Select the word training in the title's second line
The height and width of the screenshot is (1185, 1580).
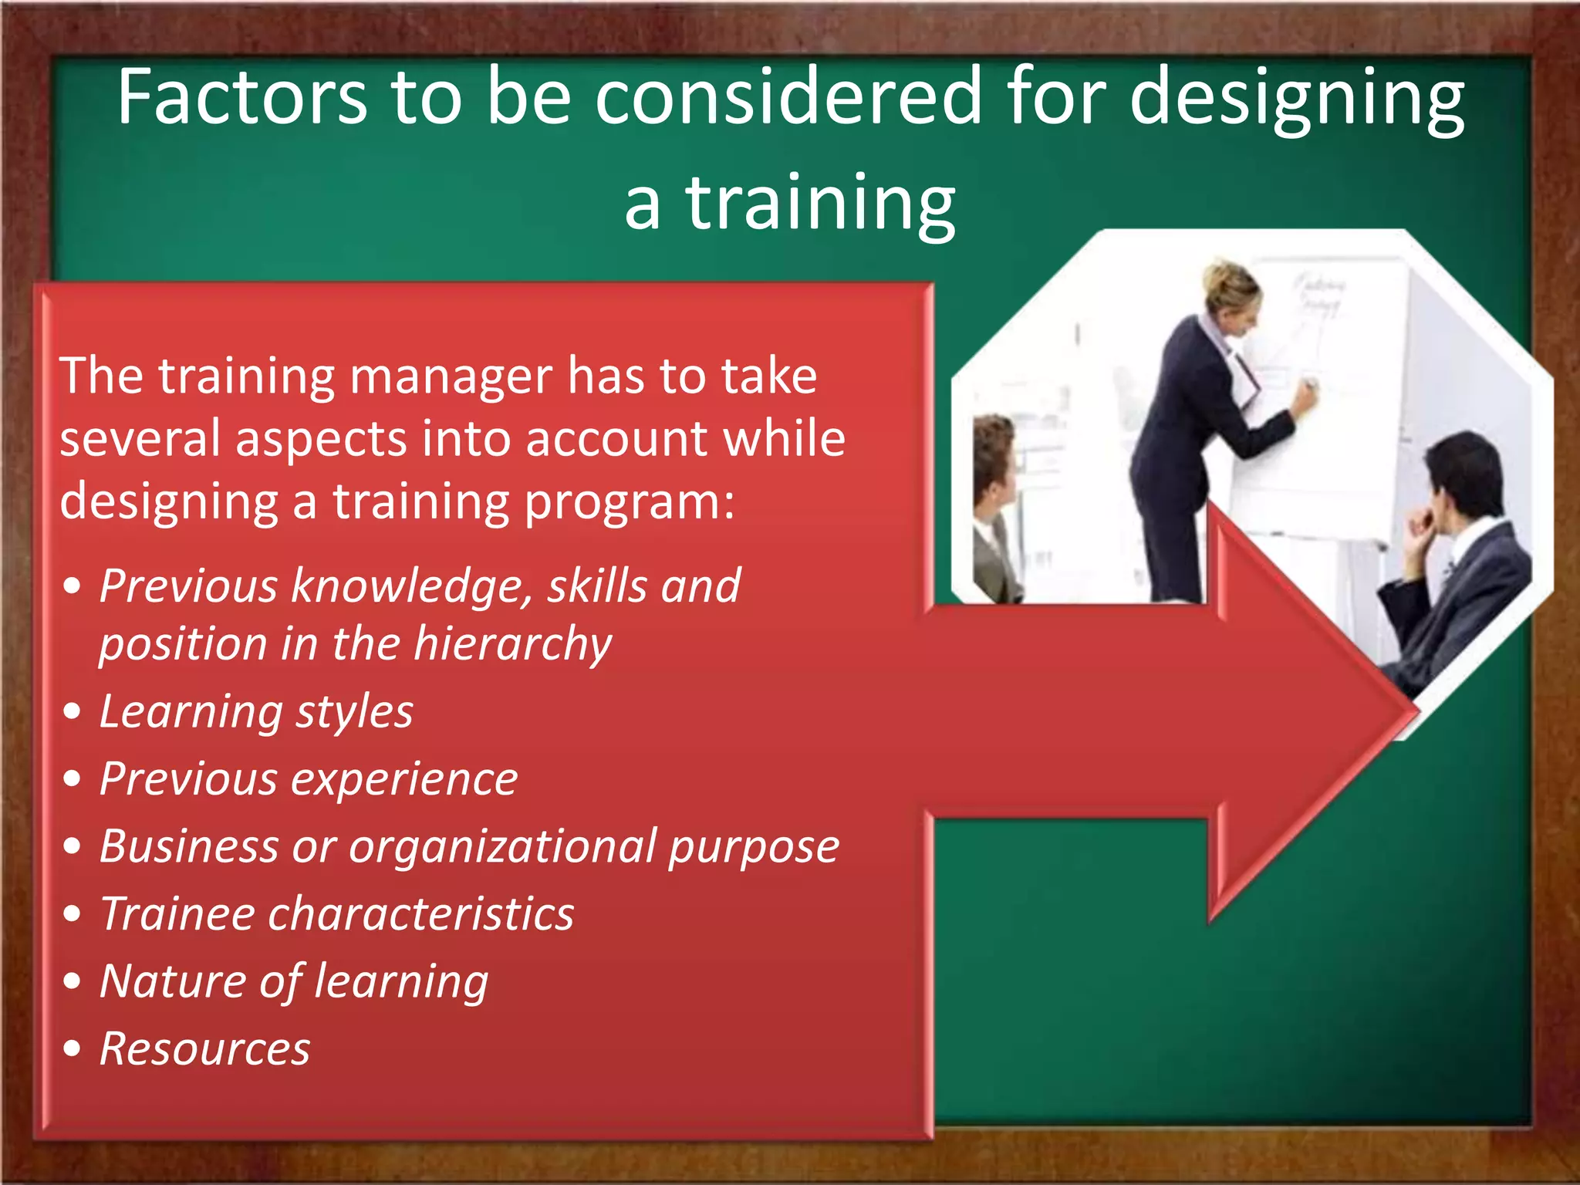821,204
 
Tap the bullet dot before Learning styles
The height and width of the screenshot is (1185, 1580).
73,711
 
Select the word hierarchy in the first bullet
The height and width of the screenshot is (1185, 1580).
513,644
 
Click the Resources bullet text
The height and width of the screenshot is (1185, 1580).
204,1049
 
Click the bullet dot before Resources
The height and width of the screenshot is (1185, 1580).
73,1048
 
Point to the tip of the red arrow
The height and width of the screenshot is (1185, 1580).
1416,710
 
